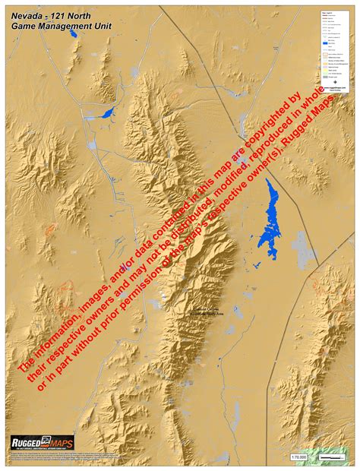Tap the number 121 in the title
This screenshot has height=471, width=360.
point(64,14)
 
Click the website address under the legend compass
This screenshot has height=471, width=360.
point(335,87)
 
